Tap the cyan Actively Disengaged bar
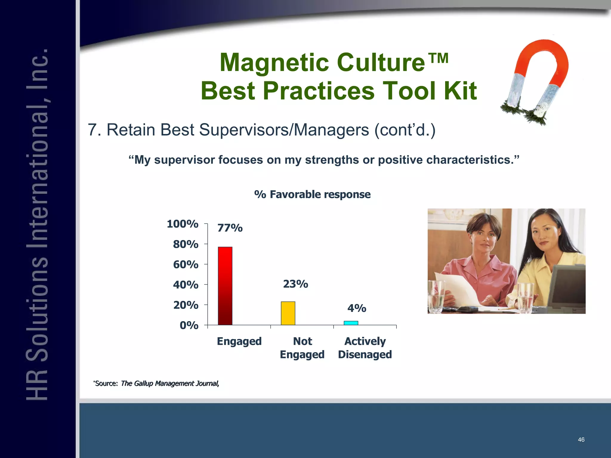(x=351, y=323)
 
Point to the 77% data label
(x=230, y=228)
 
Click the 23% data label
(x=295, y=284)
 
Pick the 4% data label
(x=357, y=308)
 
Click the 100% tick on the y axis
(x=183, y=224)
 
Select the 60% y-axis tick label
(x=186, y=264)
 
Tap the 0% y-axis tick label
(x=189, y=325)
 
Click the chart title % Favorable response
(x=312, y=194)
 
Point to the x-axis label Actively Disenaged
(x=365, y=348)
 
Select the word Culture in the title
(x=381, y=63)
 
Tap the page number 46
(x=581, y=440)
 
